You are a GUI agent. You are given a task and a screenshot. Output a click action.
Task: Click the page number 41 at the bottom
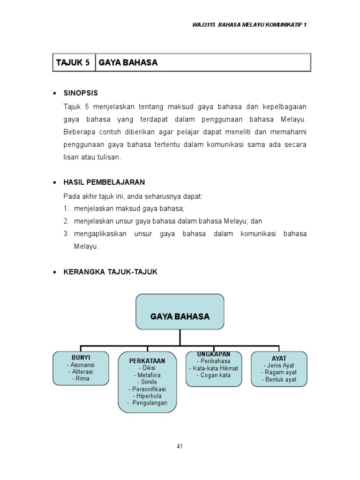click(180, 446)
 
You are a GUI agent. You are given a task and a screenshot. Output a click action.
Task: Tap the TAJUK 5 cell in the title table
click(73, 62)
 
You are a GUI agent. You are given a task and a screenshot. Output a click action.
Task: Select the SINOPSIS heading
click(81, 93)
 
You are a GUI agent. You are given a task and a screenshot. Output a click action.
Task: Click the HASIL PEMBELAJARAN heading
click(104, 182)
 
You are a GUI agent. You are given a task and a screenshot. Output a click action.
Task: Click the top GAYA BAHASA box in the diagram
click(180, 316)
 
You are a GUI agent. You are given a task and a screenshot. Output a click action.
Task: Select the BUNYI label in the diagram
click(81, 358)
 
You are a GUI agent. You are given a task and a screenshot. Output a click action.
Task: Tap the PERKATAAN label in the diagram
click(147, 360)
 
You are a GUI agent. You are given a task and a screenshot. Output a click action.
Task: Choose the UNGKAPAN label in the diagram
click(213, 354)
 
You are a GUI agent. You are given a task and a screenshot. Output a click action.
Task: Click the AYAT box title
click(279, 358)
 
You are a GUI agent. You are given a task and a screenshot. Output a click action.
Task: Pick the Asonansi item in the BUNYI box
click(81, 365)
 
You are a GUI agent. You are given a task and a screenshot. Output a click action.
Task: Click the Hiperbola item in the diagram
click(147, 396)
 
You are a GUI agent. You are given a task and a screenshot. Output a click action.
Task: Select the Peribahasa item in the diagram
click(213, 361)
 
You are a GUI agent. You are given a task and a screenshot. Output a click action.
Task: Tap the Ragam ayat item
click(279, 373)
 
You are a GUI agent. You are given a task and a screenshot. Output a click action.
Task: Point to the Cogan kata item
click(213, 375)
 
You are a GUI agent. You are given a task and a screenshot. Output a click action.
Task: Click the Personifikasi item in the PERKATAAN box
click(147, 389)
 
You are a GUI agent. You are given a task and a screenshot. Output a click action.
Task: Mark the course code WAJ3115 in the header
click(202, 25)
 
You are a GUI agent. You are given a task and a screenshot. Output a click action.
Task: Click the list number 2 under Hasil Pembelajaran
click(67, 221)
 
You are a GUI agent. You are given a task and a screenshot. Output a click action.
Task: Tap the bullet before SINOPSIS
click(55, 93)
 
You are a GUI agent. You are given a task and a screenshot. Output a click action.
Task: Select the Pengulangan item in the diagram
click(147, 403)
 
